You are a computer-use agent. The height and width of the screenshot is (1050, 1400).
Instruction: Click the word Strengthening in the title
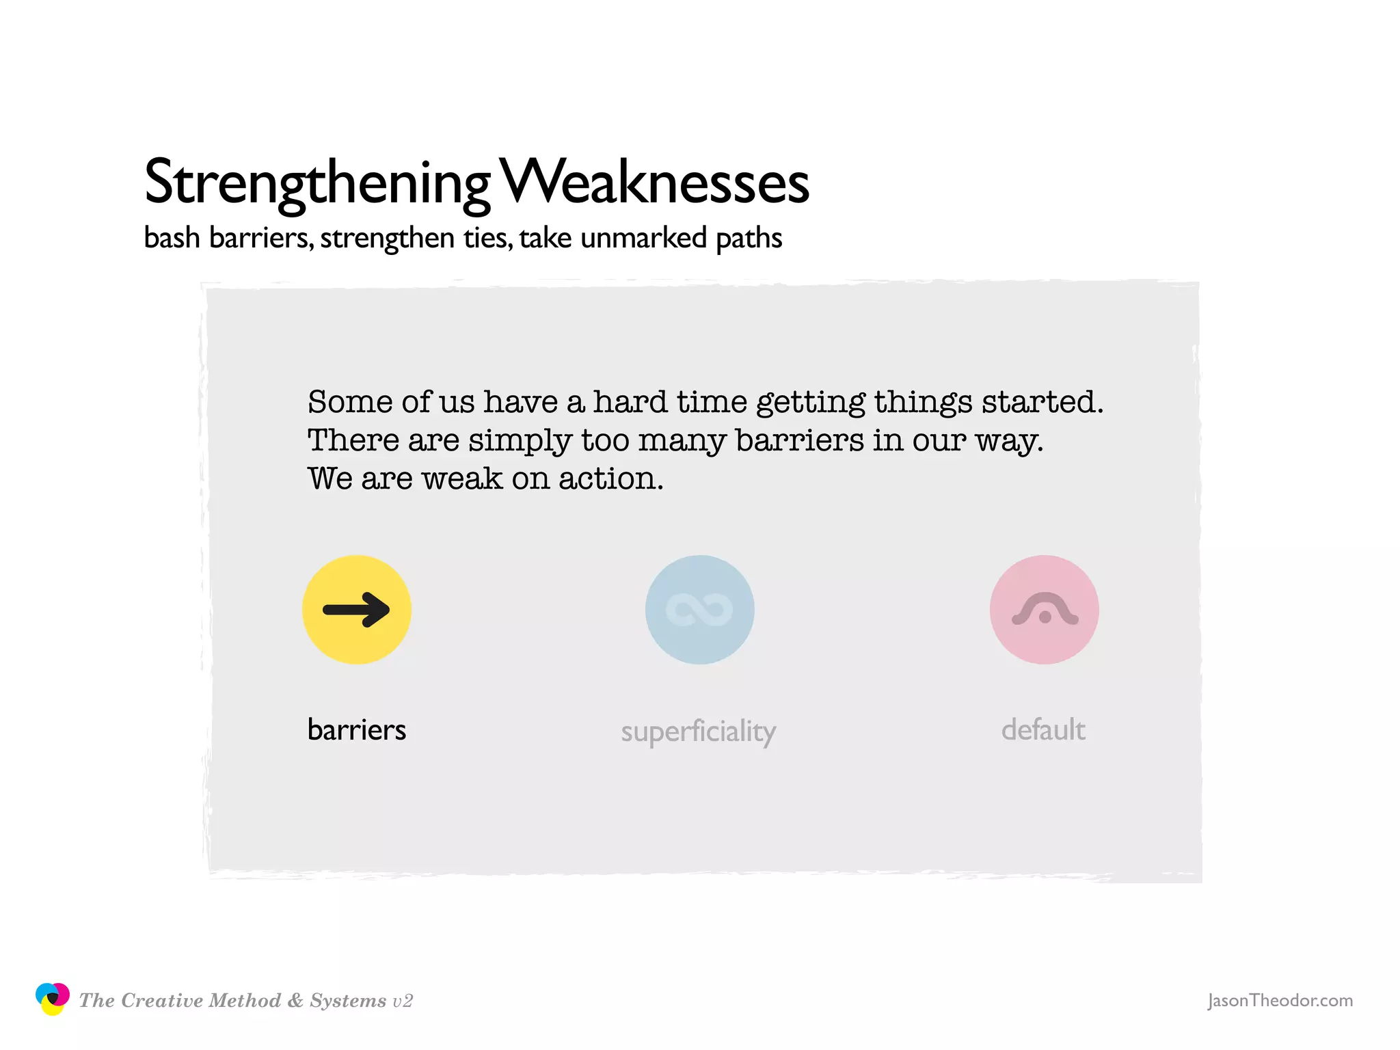(x=317, y=183)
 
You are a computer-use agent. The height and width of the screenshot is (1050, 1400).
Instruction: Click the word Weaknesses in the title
(x=654, y=183)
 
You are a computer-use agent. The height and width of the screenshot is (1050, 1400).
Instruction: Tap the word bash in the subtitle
(x=172, y=238)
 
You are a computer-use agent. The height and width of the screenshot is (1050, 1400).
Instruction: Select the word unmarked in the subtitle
(x=643, y=238)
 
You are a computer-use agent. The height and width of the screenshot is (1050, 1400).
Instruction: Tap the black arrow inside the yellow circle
(x=356, y=609)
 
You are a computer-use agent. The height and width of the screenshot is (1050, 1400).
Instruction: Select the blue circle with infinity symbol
(x=699, y=609)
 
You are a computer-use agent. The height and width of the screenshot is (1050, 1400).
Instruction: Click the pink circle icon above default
(x=1044, y=609)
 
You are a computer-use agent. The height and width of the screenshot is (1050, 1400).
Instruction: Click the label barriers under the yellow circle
(x=356, y=729)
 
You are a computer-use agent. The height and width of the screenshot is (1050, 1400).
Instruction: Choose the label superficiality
(x=698, y=731)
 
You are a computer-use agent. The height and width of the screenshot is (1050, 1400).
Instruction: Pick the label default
(x=1043, y=729)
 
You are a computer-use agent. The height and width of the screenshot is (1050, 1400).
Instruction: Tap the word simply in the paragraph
(x=520, y=441)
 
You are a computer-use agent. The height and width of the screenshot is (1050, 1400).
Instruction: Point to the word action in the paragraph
(x=610, y=479)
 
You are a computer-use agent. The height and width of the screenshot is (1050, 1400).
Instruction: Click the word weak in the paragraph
(x=462, y=479)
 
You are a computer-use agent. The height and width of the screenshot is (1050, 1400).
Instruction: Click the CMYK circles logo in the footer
(x=53, y=999)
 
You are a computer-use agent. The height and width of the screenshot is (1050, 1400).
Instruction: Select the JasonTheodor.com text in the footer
(x=1280, y=1000)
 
